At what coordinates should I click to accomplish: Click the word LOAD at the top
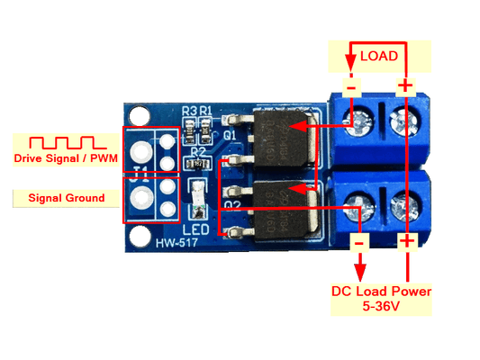coord(379,56)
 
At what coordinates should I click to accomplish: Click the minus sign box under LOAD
coord(351,86)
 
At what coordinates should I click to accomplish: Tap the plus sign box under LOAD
coord(406,86)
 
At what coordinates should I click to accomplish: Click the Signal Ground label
coord(66,197)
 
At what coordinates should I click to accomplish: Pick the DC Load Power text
coord(381,291)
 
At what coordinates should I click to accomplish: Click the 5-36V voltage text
coord(381,307)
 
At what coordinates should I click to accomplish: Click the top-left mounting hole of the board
coord(138,117)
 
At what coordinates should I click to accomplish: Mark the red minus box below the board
coord(359,242)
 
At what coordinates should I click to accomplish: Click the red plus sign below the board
coord(406,241)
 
